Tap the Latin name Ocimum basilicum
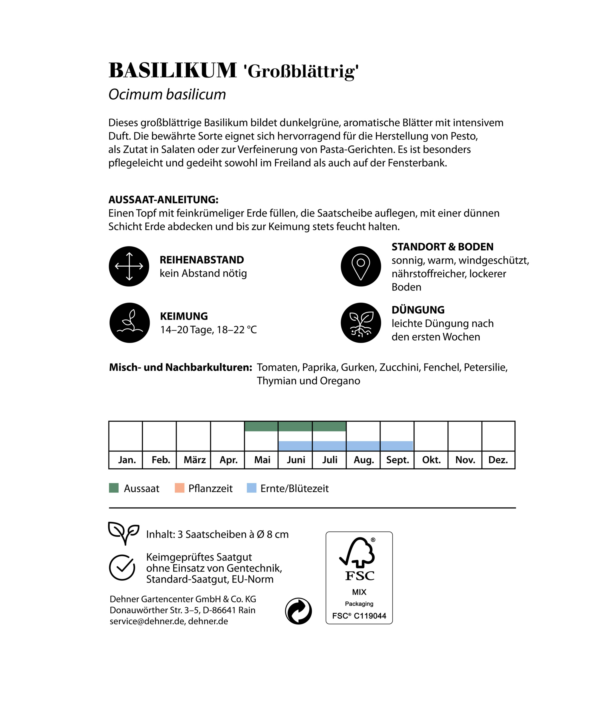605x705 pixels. click(167, 95)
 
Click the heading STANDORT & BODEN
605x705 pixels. click(442, 247)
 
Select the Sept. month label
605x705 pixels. click(397, 460)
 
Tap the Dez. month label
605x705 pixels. click(498, 460)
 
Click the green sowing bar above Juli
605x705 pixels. click(329, 426)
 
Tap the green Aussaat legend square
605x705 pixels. click(114, 488)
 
